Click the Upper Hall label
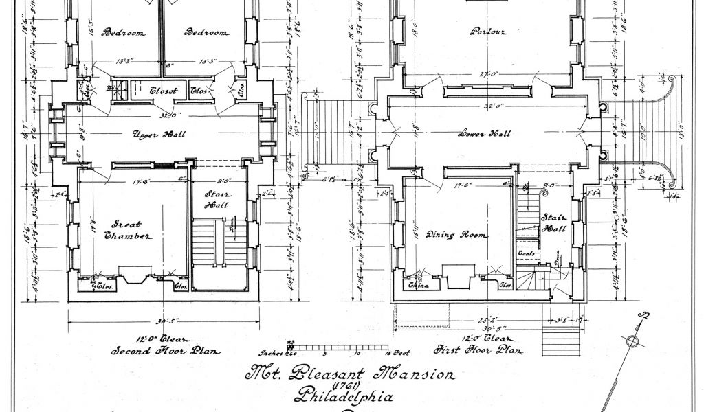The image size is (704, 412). [159, 135]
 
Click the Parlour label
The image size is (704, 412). [487, 31]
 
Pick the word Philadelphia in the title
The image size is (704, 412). [344, 397]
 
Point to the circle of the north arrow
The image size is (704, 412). [630, 341]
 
